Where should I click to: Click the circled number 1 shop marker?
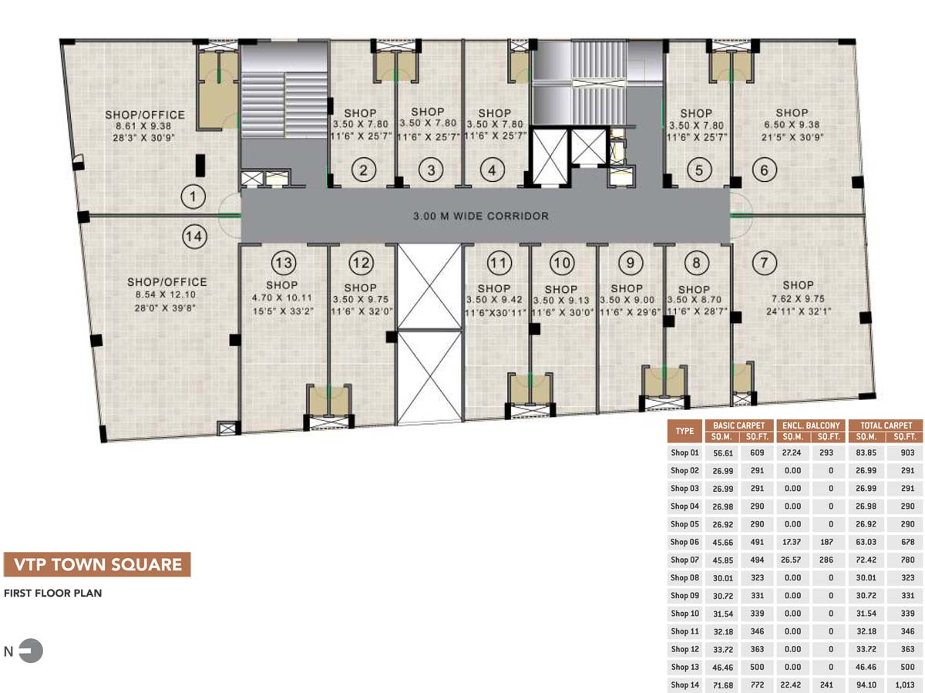tap(193, 197)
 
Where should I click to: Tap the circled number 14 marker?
tap(194, 237)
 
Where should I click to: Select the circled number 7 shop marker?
tap(764, 262)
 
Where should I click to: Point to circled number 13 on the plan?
tap(284, 263)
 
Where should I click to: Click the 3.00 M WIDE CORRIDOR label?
tap(481, 216)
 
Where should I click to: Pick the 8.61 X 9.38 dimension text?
tap(143, 126)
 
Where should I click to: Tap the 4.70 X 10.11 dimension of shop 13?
tap(282, 298)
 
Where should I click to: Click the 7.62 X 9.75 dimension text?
tap(798, 298)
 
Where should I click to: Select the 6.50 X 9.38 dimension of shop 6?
tap(792, 125)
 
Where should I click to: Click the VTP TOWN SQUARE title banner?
tap(97, 564)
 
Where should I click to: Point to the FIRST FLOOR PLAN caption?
tap(52, 593)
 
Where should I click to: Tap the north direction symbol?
tap(31, 651)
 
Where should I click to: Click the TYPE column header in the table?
tap(684, 431)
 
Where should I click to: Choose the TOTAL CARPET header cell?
tap(886, 426)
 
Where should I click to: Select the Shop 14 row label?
tap(684, 685)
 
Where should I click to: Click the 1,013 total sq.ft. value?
tap(905, 685)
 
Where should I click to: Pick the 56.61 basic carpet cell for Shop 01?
tap(723, 453)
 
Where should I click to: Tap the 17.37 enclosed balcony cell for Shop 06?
tap(792, 542)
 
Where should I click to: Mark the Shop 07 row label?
tap(684, 560)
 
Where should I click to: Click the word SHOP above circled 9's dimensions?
tap(627, 288)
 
